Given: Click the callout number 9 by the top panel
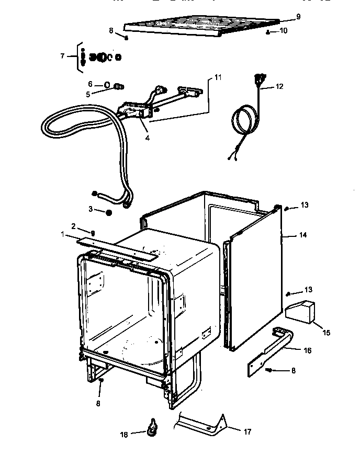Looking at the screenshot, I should pyautogui.click(x=298, y=17).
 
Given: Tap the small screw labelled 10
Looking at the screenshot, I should pyautogui.click(x=268, y=32).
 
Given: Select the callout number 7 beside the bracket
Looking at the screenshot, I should pyautogui.click(x=63, y=55).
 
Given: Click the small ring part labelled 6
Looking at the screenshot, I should pyautogui.click(x=106, y=84).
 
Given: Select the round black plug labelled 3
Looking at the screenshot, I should pyautogui.click(x=108, y=212).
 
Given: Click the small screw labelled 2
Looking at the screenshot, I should pyautogui.click(x=93, y=233).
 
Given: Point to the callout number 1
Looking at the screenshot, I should pyautogui.click(x=63, y=235).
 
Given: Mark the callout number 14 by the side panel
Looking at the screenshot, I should pyautogui.click(x=302, y=235).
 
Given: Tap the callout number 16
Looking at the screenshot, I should pyautogui.click(x=308, y=350).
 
